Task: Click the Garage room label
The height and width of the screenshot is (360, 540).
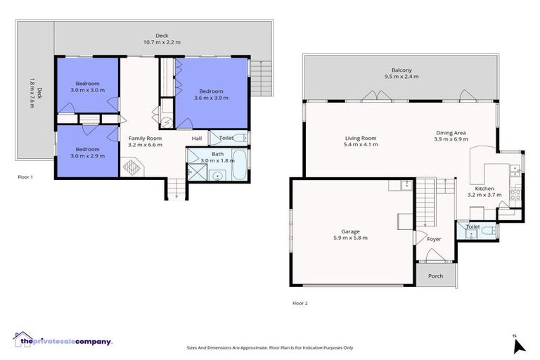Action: (x=350, y=231)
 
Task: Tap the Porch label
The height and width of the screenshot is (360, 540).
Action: (x=435, y=276)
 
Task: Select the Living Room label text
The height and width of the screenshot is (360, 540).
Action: (x=361, y=139)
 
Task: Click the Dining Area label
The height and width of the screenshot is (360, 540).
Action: (x=451, y=132)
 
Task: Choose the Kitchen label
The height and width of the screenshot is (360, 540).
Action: (x=484, y=188)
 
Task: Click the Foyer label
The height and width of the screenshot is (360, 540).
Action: (x=434, y=239)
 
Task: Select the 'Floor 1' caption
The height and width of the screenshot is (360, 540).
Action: (x=25, y=177)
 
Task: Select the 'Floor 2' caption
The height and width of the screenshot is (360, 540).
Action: (x=300, y=304)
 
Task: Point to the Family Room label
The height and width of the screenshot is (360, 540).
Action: (x=145, y=139)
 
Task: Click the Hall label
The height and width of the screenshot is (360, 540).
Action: (x=197, y=139)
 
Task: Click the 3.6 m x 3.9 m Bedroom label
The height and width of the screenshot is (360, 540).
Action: (x=211, y=91)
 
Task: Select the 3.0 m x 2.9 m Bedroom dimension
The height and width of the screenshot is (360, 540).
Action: (x=87, y=156)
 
